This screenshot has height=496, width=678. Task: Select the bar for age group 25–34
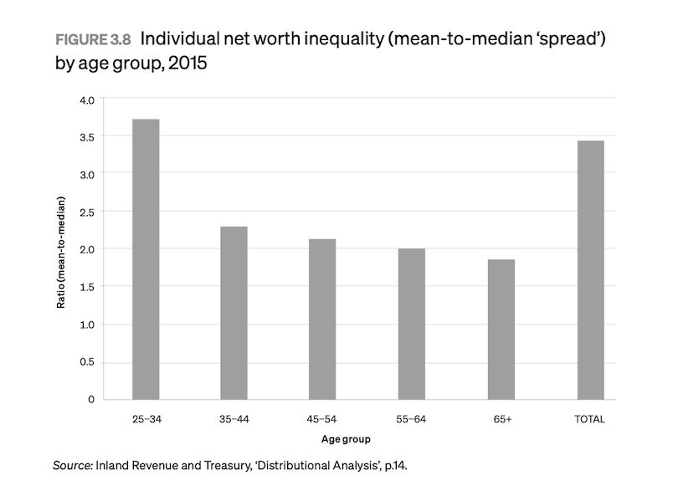pos(146,259)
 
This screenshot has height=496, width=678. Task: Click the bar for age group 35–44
pos(234,313)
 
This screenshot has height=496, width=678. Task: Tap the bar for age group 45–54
pos(322,320)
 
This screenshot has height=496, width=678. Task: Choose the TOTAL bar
pos(590,270)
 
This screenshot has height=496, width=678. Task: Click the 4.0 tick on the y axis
pos(86,99)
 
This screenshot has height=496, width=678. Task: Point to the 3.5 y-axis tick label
pos(86,136)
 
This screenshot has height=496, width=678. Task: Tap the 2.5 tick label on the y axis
pos(86,212)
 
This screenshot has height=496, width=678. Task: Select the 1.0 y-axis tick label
pos(86,325)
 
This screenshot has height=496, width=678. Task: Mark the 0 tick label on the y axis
pos(90,400)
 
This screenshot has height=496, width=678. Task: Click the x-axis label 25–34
pos(146,418)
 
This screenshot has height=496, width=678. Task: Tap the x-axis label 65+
pos(501,418)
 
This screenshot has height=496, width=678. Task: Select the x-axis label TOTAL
pos(590,418)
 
